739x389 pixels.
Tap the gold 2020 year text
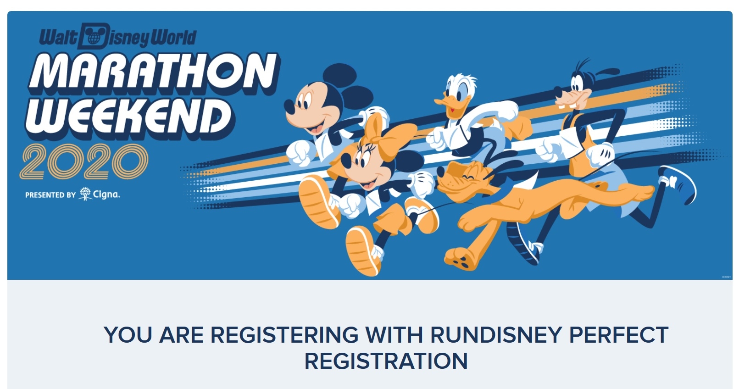84,161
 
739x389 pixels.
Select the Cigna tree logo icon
85,194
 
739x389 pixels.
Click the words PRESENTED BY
50,195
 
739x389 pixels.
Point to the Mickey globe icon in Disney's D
94,36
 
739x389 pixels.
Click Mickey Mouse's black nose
289,107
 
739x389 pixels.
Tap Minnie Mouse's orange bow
389,135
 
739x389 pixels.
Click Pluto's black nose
441,171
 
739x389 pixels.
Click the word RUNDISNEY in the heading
496,335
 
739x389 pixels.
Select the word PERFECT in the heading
618,335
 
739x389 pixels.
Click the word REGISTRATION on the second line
386,361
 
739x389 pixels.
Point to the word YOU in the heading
128,335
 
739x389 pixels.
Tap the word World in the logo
174,37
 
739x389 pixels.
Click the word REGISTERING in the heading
284,335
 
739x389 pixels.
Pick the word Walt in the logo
58,37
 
